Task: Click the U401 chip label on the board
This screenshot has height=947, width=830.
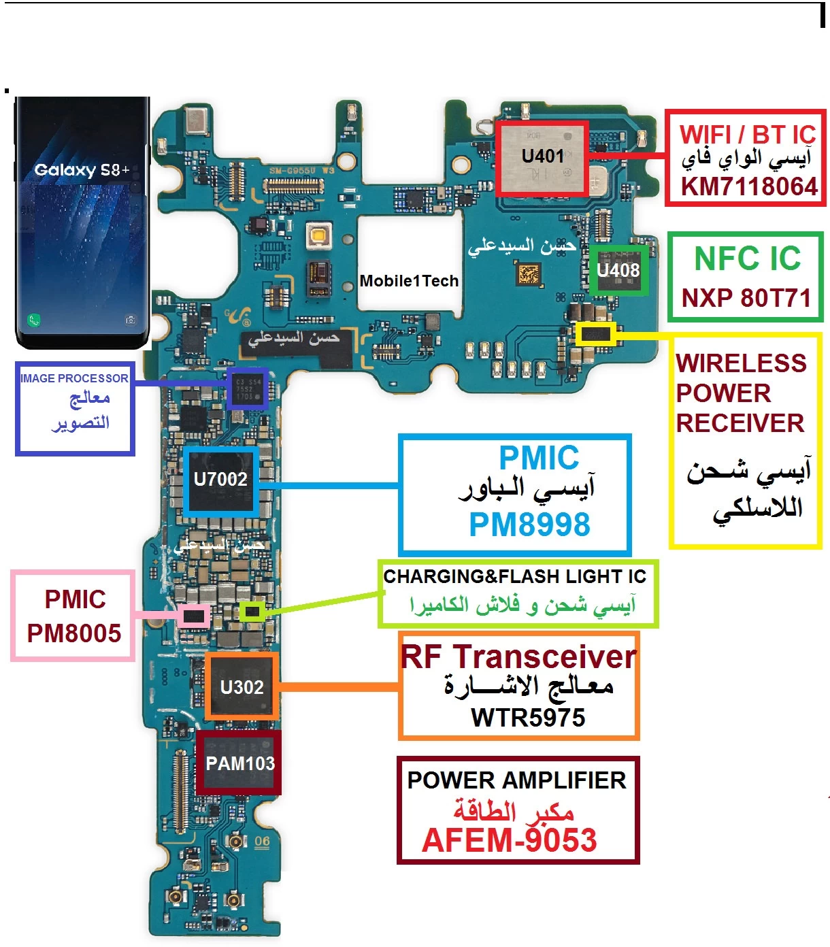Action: (542, 156)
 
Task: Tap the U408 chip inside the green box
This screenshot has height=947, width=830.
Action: (618, 271)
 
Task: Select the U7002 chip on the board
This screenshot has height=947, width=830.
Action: (220, 480)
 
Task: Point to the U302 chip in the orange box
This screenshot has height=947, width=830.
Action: (242, 687)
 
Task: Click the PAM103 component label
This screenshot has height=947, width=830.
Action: (240, 763)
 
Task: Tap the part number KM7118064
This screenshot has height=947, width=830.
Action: (749, 186)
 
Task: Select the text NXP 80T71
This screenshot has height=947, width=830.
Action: (746, 298)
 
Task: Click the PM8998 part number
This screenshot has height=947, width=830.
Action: (529, 525)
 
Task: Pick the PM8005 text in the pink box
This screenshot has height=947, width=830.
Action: (74, 633)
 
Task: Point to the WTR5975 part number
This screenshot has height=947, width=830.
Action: (528, 718)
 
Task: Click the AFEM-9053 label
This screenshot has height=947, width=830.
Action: (509, 840)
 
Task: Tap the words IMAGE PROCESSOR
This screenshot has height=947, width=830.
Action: (74, 378)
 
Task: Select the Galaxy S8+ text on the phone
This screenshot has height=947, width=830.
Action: (82, 170)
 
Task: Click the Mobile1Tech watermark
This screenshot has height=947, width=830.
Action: (409, 281)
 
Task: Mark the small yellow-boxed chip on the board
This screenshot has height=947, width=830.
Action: (596, 334)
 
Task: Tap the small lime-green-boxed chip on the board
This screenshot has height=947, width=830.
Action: (252, 612)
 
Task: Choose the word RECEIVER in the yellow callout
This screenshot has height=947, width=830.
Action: (740, 423)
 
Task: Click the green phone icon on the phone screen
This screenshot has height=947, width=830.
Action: (33, 320)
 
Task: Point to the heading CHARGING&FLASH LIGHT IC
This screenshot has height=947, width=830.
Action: (514, 577)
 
